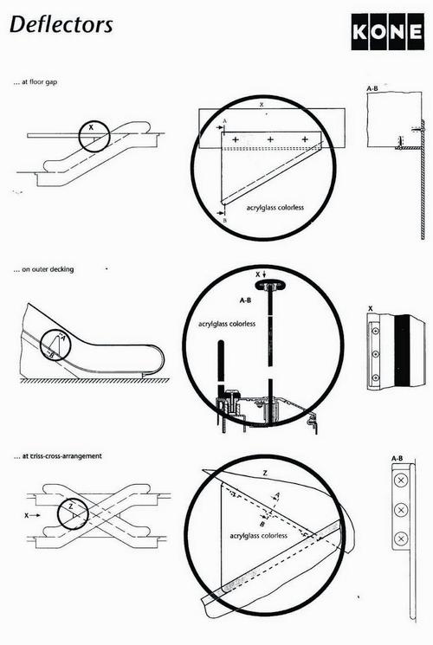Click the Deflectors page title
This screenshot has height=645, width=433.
click(61, 24)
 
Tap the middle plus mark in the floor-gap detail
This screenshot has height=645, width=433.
click(269, 139)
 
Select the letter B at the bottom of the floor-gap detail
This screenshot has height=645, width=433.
click(224, 222)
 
